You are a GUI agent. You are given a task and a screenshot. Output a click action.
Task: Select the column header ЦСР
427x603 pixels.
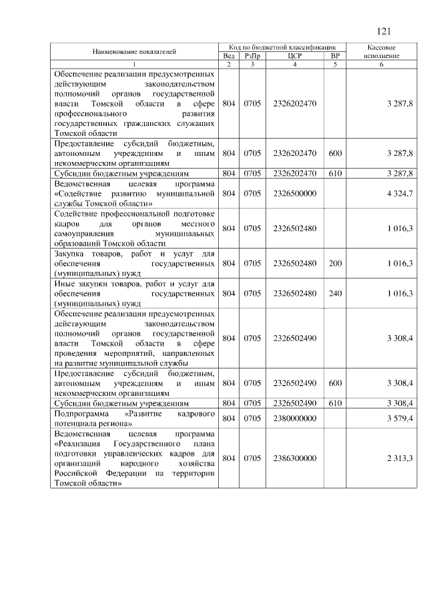point(294,56)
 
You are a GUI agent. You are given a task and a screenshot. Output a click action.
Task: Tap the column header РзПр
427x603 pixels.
point(252,56)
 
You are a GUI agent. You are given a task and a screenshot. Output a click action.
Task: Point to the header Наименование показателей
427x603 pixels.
point(134,51)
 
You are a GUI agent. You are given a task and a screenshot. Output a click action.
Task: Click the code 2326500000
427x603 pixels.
point(294,193)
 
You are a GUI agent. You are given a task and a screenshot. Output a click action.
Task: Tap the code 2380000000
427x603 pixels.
point(294,418)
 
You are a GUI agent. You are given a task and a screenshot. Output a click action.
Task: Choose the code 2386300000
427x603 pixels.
point(294,458)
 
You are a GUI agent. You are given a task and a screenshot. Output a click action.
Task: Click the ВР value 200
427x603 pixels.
point(335,264)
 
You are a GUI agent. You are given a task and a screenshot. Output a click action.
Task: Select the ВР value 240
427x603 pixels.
point(335,293)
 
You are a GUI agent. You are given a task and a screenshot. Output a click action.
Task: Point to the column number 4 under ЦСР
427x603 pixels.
point(294,64)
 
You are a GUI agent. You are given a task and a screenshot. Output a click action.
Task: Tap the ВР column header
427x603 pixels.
point(335,56)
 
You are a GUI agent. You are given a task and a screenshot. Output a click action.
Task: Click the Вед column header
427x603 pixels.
point(228,56)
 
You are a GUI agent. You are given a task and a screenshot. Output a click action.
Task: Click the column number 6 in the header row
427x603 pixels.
point(382,64)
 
